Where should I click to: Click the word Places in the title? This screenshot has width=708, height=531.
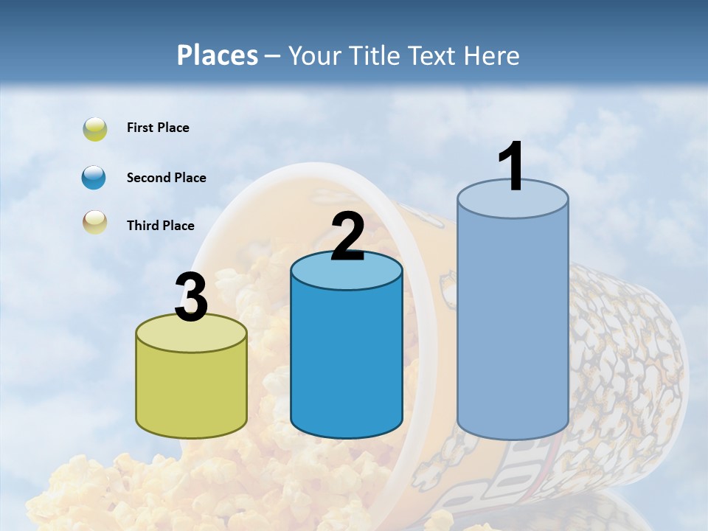point(218,55)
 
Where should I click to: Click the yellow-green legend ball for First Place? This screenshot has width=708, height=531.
point(94,129)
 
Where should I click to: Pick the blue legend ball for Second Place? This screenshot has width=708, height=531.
point(94,178)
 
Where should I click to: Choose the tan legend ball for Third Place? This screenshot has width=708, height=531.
point(94,223)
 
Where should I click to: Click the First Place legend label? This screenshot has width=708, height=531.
point(158,128)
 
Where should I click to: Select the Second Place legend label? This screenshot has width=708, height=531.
point(166,178)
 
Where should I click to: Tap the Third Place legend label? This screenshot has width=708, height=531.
point(160,226)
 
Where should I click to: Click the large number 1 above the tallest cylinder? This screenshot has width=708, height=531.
point(511,167)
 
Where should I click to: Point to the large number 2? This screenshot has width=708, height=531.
point(347,237)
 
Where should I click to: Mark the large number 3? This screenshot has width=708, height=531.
point(192,298)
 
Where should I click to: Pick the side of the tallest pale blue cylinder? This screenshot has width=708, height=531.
point(513,324)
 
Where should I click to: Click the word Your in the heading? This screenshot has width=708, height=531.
point(315,55)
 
